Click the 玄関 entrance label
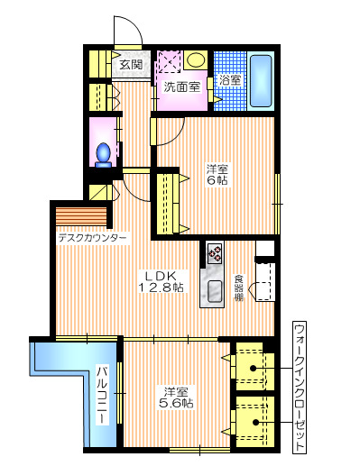pyautogui.click(x=131, y=65)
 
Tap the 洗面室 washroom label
pyautogui.click(x=180, y=88)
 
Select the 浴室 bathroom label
pyautogui.click(x=228, y=79)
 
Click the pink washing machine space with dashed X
pyautogui.click(x=170, y=62)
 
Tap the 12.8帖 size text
pyautogui.click(x=161, y=288)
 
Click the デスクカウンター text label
pyautogui.click(x=93, y=239)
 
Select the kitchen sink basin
pyautogui.click(x=216, y=290)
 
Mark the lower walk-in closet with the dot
pyautogui.click(x=252, y=420)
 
